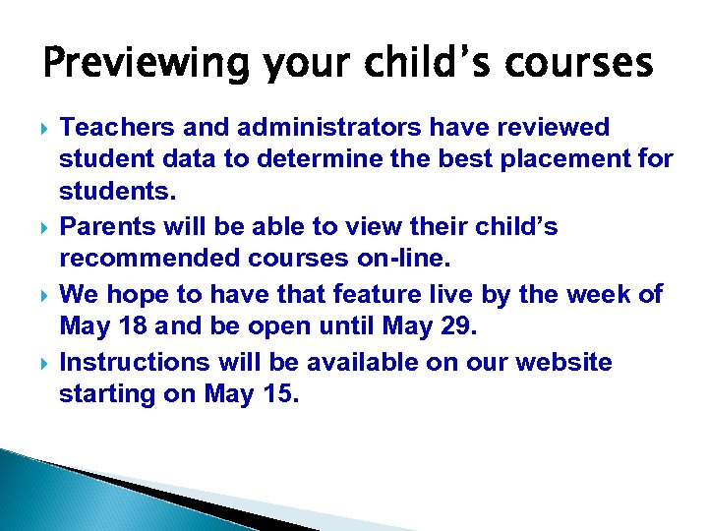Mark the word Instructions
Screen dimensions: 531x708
click(135, 362)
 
